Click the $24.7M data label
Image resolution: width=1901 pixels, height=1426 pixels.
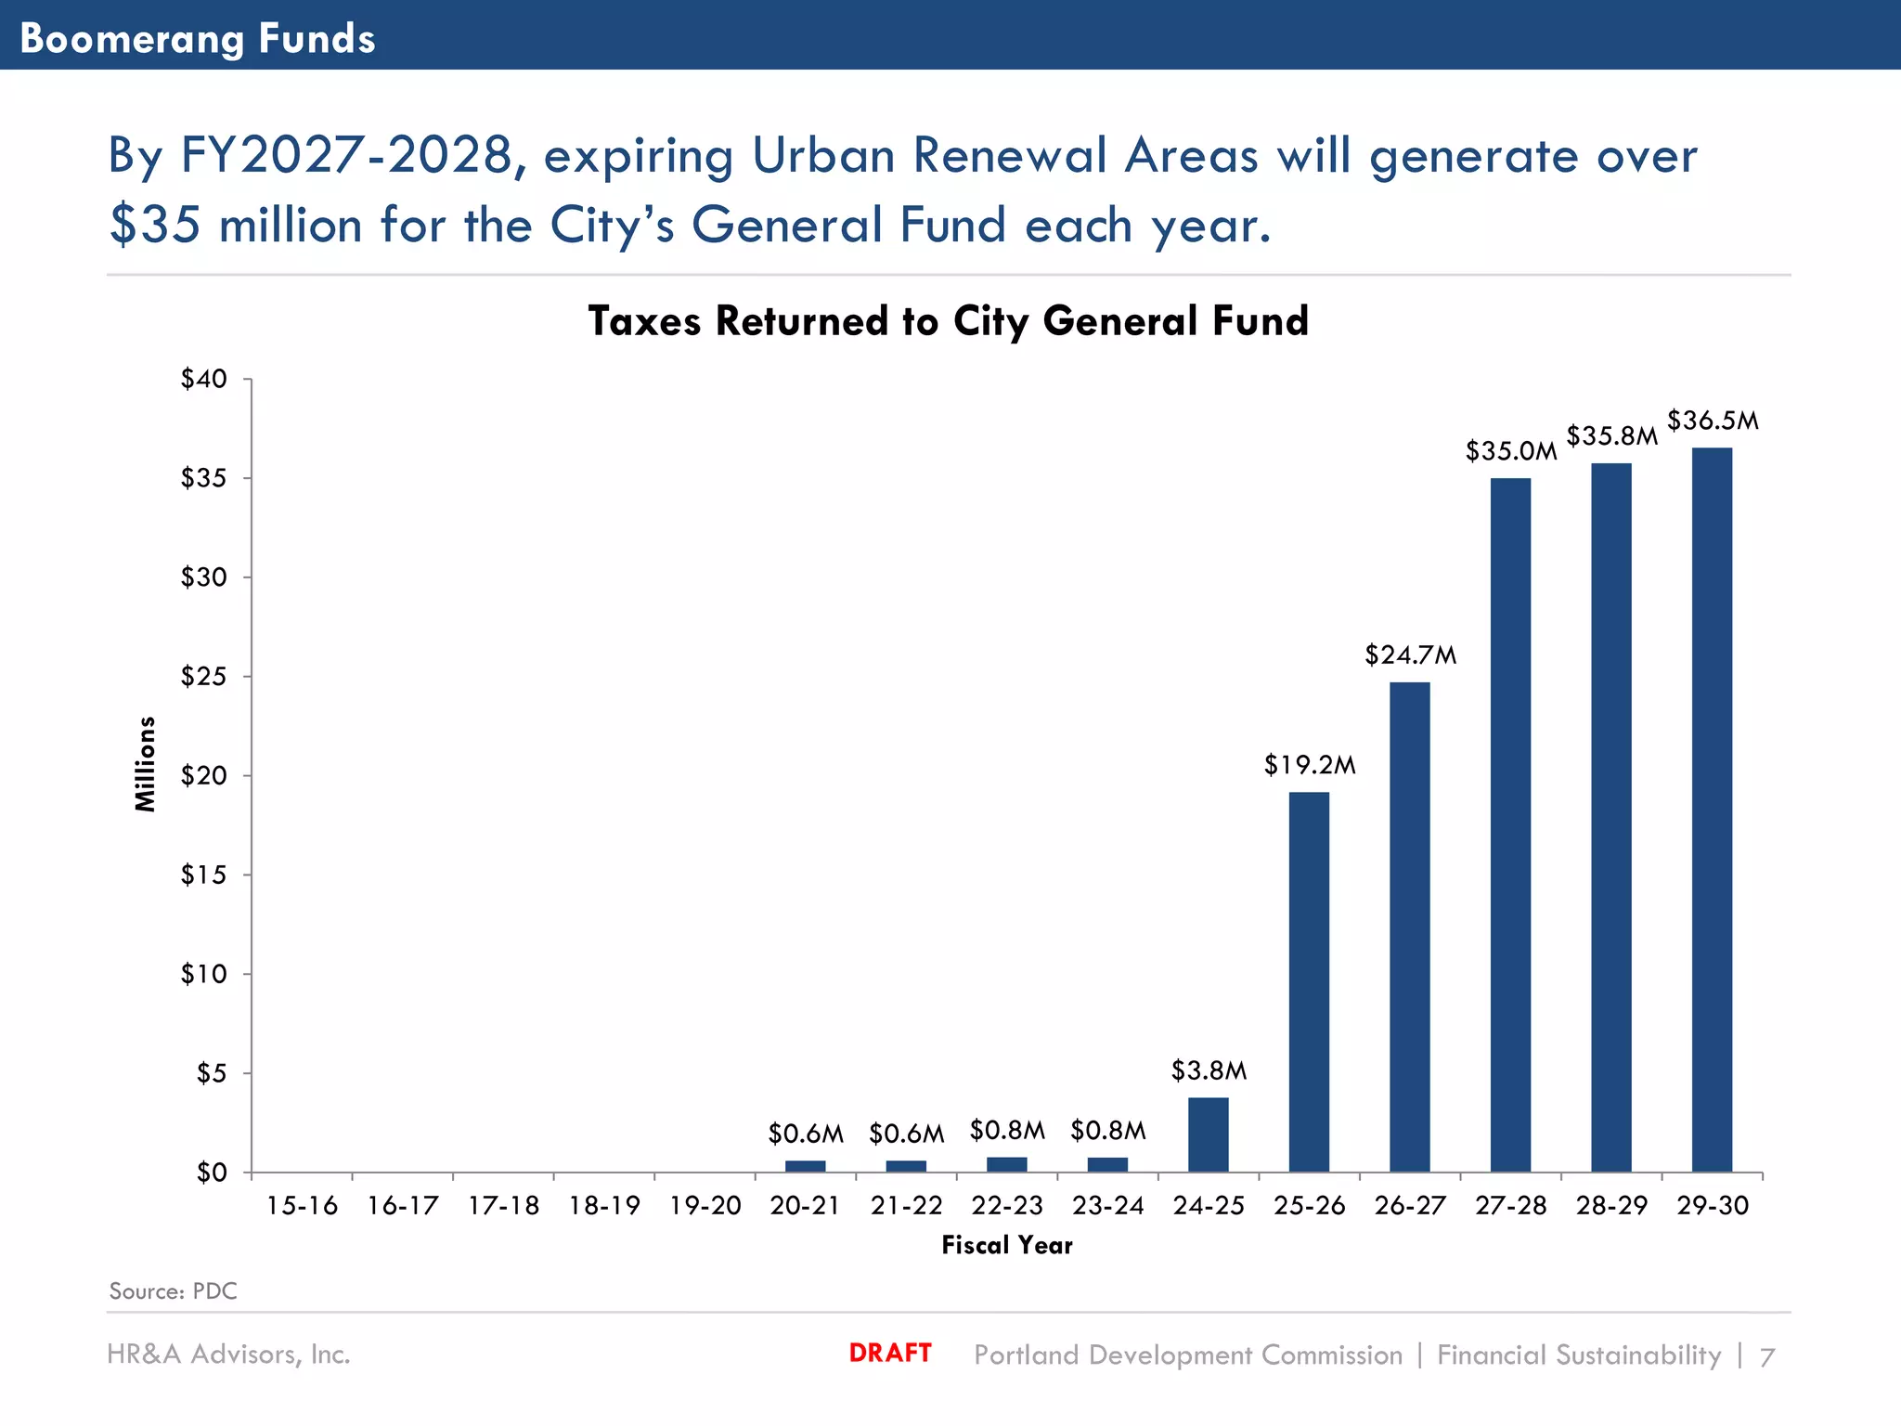point(1410,655)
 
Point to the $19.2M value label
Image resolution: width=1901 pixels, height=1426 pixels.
point(1309,765)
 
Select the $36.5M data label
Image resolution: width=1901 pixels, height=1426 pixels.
point(1713,421)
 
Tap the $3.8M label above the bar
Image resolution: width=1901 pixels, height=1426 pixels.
point(1209,1070)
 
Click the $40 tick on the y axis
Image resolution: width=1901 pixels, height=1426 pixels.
point(203,379)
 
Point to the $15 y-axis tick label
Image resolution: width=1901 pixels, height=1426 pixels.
point(203,875)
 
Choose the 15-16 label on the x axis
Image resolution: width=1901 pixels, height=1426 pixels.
point(302,1206)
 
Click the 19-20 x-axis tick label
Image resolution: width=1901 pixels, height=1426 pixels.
point(705,1206)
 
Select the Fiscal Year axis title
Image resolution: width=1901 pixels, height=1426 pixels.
point(1007,1246)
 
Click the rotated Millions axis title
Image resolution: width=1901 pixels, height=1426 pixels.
point(146,764)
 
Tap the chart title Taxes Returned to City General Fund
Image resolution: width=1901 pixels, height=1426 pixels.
point(948,321)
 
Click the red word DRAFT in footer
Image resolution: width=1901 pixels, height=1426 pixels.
point(889,1353)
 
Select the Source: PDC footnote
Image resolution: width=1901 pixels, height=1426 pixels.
point(173,1291)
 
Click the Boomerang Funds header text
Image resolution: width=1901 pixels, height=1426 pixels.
point(197,38)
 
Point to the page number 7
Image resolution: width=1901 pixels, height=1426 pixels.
point(1767,1357)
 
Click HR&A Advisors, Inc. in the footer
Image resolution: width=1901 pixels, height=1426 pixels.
point(228,1355)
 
